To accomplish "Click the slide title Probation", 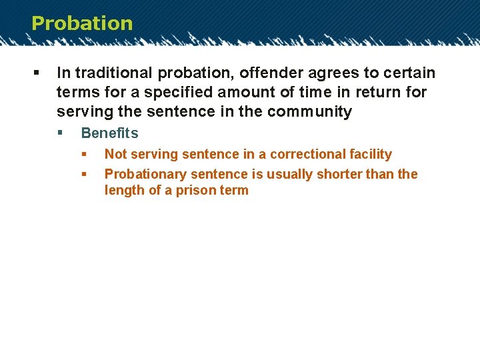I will tap(82, 23).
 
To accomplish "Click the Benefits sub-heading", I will tap(109, 133).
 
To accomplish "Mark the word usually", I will tap(289, 174).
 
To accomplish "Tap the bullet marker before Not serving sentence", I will tap(84, 154).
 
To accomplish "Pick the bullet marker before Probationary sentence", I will tap(84, 174).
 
